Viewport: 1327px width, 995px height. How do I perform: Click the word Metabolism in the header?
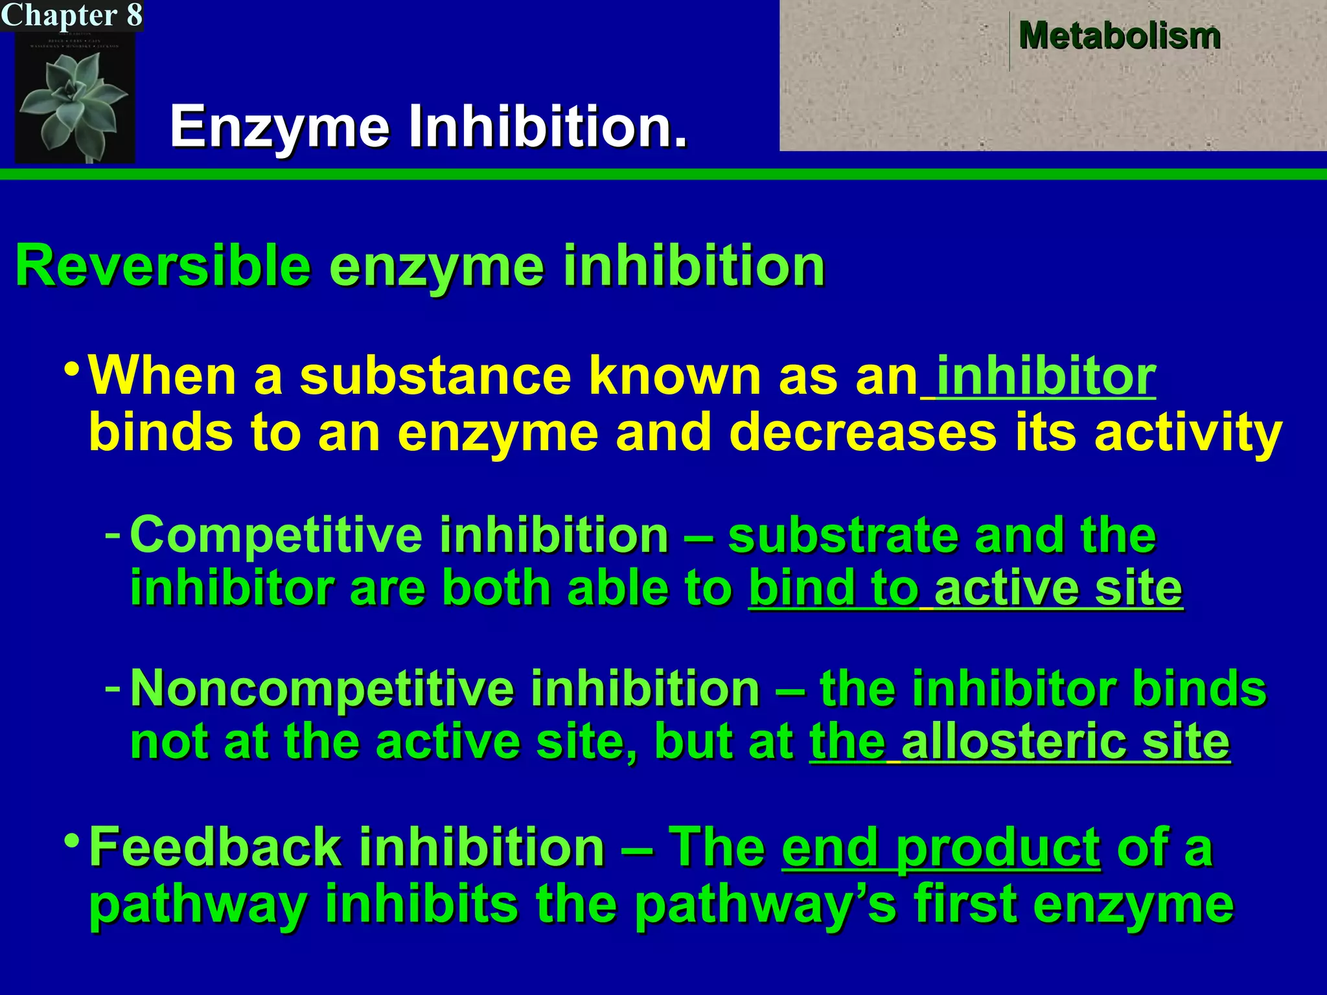1119,36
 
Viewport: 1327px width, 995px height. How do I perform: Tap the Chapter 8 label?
71,15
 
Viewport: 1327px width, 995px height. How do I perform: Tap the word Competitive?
276,535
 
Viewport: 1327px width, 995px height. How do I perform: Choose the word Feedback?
214,847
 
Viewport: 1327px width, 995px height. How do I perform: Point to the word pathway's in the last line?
765,904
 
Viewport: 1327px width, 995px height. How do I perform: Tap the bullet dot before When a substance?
73,371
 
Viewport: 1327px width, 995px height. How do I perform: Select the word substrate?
842,535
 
